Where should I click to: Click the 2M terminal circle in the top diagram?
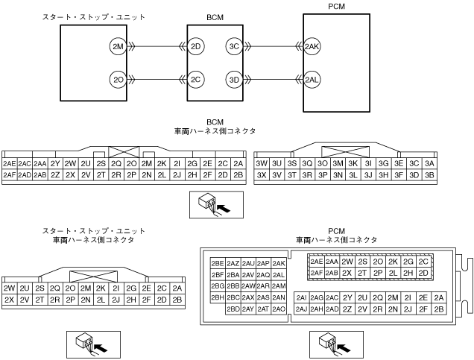(117, 47)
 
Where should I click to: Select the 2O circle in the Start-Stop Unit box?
(117, 79)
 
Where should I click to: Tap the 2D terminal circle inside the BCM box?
(197, 47)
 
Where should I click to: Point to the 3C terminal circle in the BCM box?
(234, 47)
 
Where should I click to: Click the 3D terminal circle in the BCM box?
(234, 79)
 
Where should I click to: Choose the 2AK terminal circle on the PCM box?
(312, 47)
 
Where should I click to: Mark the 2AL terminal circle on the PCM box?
(312, 79)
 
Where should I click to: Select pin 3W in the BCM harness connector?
(262, 163)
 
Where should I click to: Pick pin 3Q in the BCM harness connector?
(307, 163)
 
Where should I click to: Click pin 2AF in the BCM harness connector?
(10, 175)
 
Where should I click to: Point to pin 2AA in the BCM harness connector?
(40, 163)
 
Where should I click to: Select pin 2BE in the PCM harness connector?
(218, 263)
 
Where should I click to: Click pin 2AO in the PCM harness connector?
(279, 309)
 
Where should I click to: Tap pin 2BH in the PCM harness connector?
(218, 297)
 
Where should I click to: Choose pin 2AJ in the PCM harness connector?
(301, 309)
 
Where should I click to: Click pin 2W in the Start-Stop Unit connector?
(10, 288)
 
